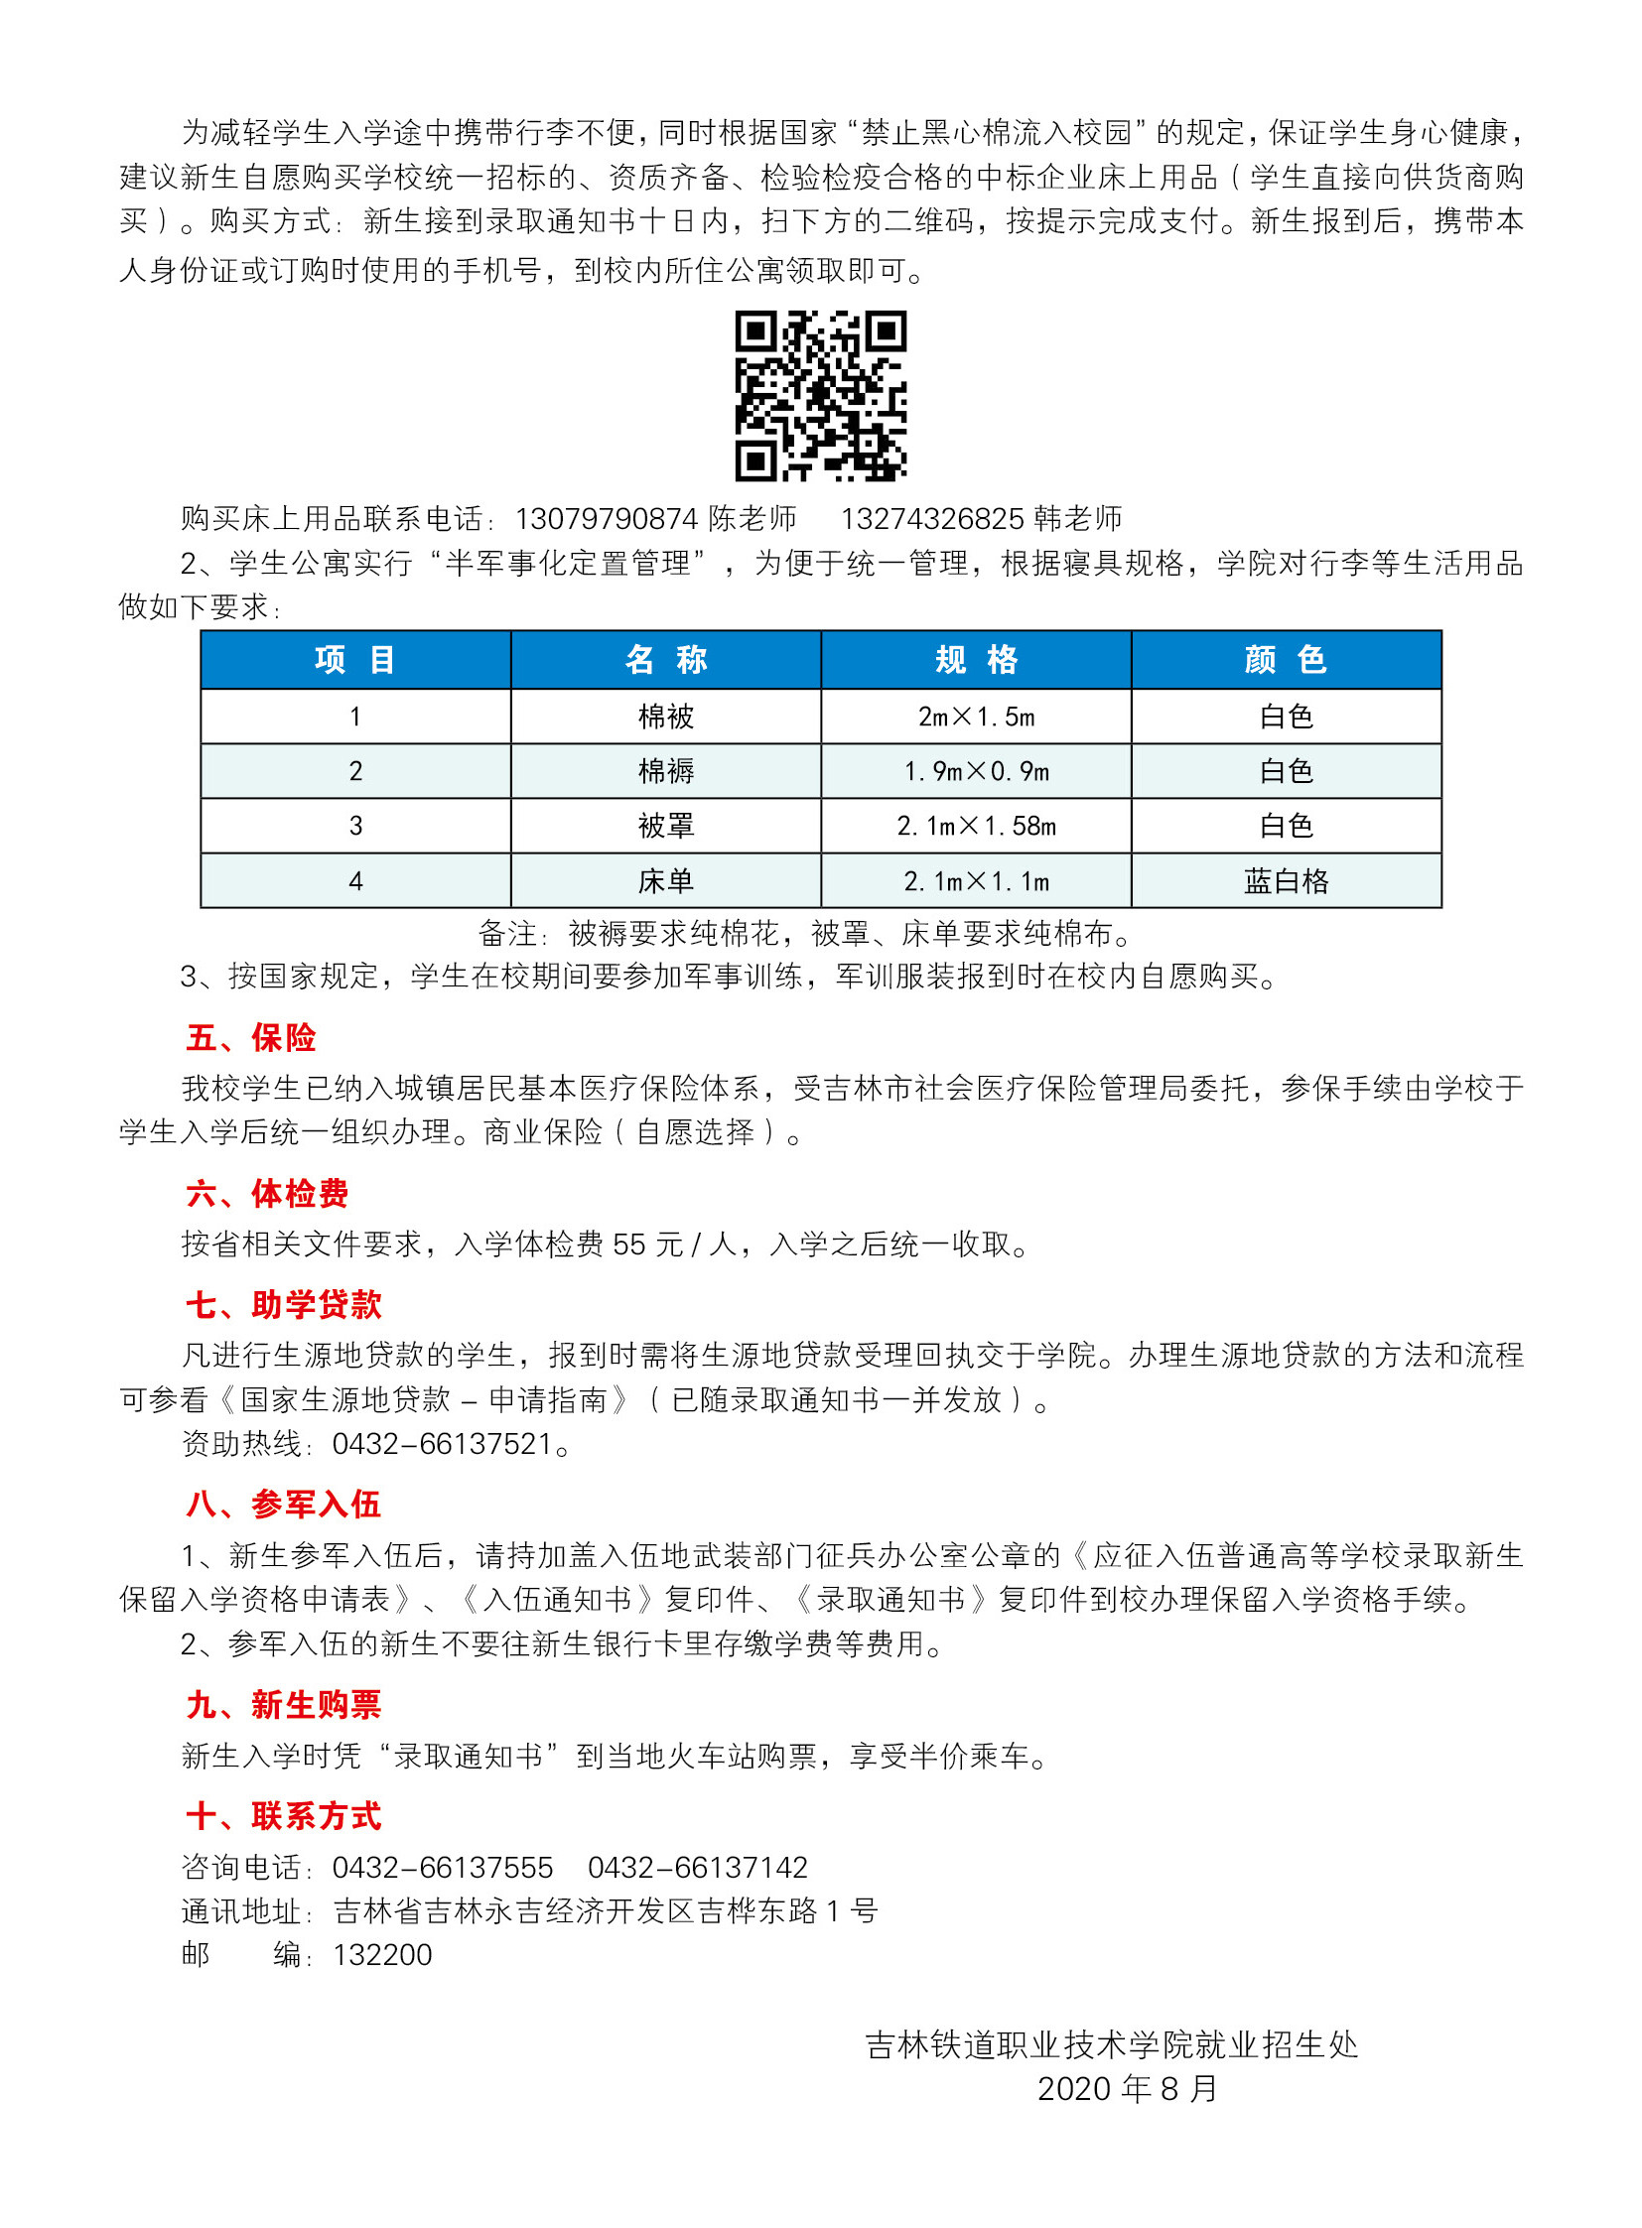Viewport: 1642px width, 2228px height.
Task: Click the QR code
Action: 820,396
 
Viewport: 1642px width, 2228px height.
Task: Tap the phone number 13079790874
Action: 607,519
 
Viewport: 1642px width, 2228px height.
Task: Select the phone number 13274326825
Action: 931,519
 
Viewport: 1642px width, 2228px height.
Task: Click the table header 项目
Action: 354,660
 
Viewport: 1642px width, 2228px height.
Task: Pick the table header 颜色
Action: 1286,660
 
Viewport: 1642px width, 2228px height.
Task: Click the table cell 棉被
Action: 665,717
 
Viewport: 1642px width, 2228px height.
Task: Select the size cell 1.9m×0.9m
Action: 976,771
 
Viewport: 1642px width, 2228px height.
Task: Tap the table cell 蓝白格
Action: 1286,881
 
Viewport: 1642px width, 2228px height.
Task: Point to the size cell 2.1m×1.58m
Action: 976,826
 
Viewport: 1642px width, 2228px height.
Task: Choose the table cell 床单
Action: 665,881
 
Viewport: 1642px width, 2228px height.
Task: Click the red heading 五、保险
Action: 250,1038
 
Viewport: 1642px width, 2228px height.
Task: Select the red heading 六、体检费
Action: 266,1194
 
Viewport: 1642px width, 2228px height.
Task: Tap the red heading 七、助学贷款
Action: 283,1305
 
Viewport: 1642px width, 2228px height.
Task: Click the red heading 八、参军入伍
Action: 283,1505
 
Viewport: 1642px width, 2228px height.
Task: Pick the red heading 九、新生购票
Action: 283,1705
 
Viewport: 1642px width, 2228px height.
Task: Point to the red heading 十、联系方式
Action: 283,1816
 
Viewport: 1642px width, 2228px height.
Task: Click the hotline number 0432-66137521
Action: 442,1444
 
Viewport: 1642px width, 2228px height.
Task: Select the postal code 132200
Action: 382,1956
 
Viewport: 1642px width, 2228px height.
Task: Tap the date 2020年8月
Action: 1127,2089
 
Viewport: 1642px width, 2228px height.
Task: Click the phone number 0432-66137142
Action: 697,1869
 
